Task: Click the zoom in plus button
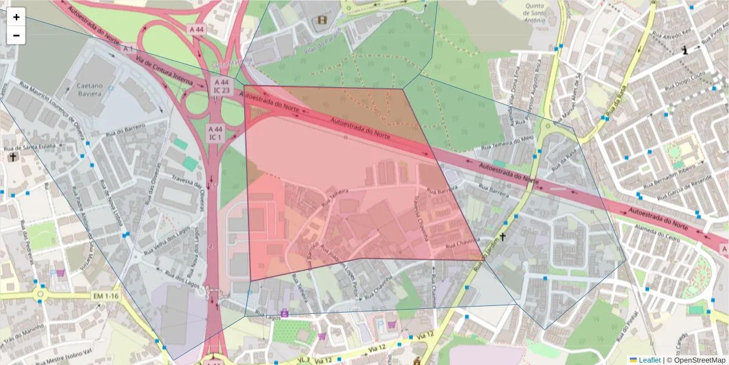(16, 17)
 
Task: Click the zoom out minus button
(16, 35)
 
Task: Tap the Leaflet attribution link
(649, 360)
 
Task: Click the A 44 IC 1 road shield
(215, 133)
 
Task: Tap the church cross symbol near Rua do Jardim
(502, 237)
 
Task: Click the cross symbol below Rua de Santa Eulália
(13, 157)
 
